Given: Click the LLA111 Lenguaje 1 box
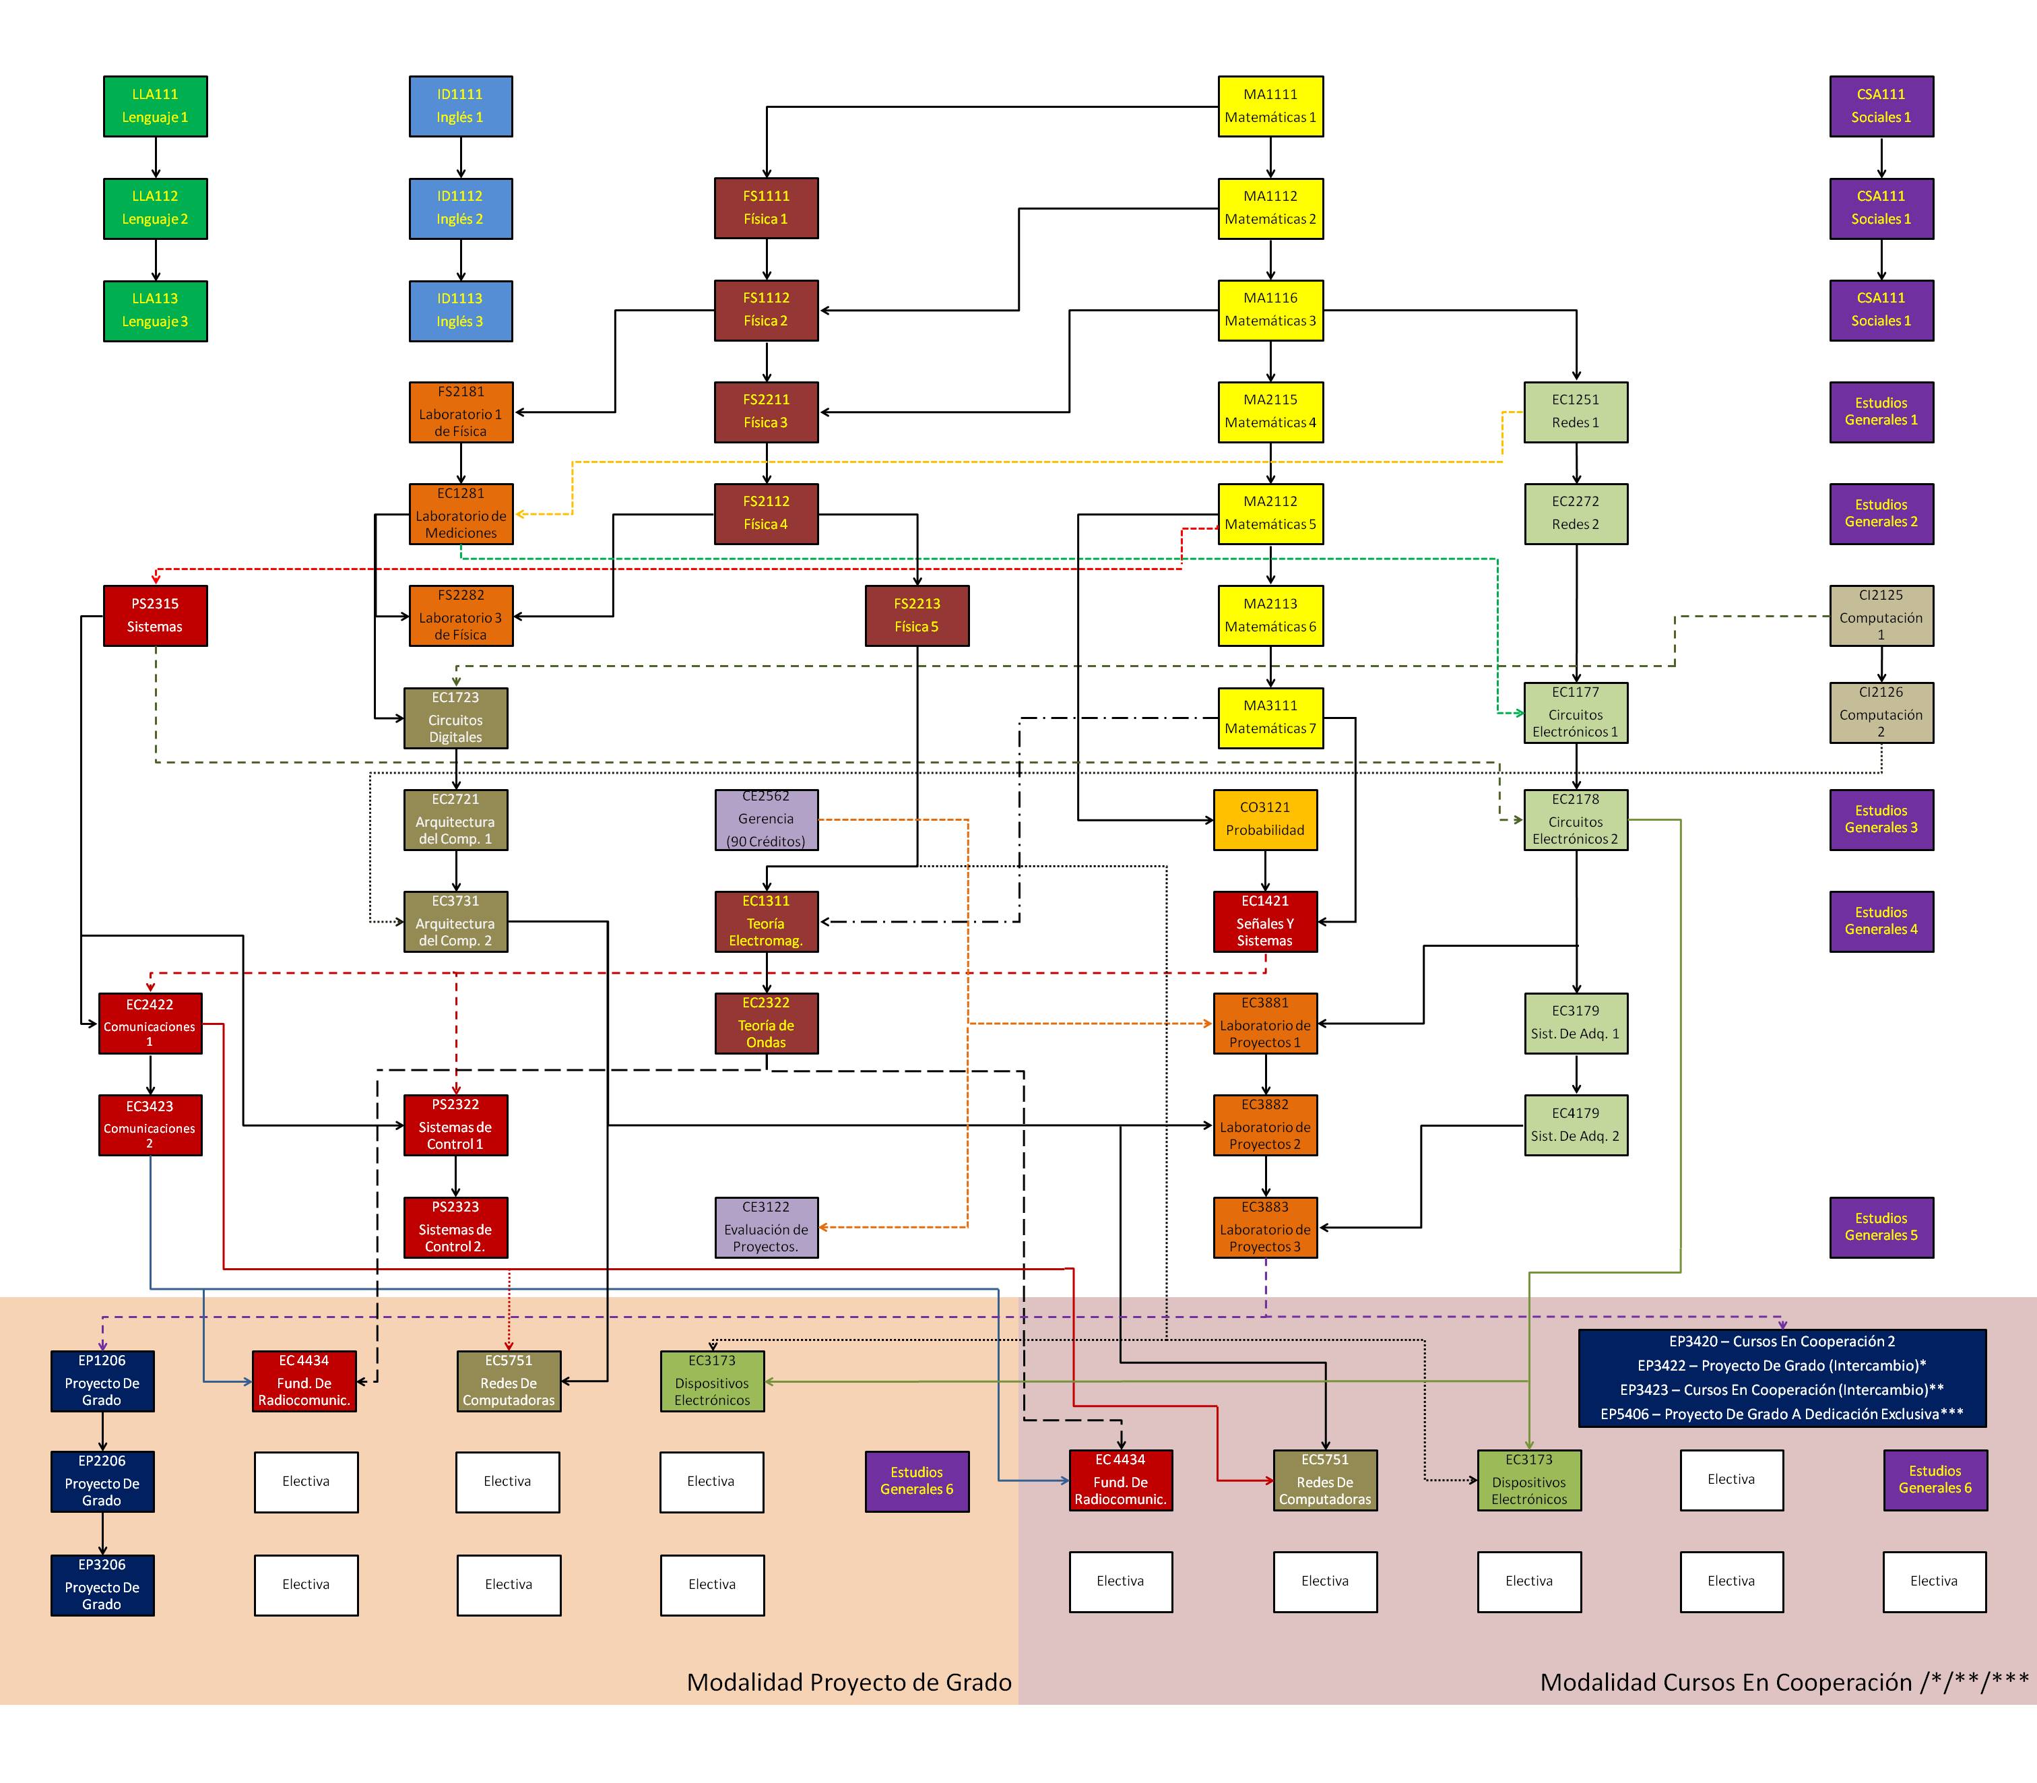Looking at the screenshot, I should click(155, 106).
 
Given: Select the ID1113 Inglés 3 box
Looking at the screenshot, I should click(461, 311).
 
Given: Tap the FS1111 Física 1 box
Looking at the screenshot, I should click(766, 208).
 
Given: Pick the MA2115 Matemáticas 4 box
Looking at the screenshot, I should click(1270, 412).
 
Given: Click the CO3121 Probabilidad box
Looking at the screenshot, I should click(1265, 820).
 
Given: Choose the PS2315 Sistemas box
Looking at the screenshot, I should click(155, 616).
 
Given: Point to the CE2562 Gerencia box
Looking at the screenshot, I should click(766, 820).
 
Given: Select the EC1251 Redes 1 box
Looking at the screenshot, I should click(1576, 412).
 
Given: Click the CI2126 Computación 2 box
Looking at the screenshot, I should click(1881, 712).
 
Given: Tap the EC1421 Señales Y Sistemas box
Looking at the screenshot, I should click(1265, 921).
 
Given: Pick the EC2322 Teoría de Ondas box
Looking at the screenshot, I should click(766, 1023).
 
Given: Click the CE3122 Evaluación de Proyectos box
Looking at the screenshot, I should click(766, 1227).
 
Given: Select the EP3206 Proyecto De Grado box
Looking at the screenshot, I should click(102, 1585).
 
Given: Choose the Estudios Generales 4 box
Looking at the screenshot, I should click(1881, 921).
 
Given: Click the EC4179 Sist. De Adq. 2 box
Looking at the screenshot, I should click(1576, 1125).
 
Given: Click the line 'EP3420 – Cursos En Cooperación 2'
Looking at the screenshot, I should click(1782, 1341).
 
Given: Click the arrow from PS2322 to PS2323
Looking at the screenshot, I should click(455, 1176).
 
